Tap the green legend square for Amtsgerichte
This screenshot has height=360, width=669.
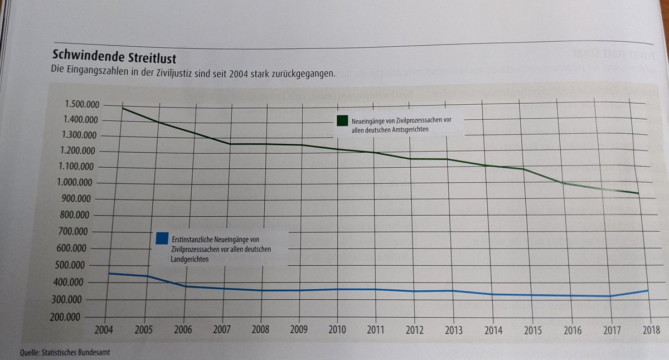[342, 120]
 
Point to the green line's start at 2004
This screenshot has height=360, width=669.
[122, 108]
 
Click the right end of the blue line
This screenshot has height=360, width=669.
[647, 290]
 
